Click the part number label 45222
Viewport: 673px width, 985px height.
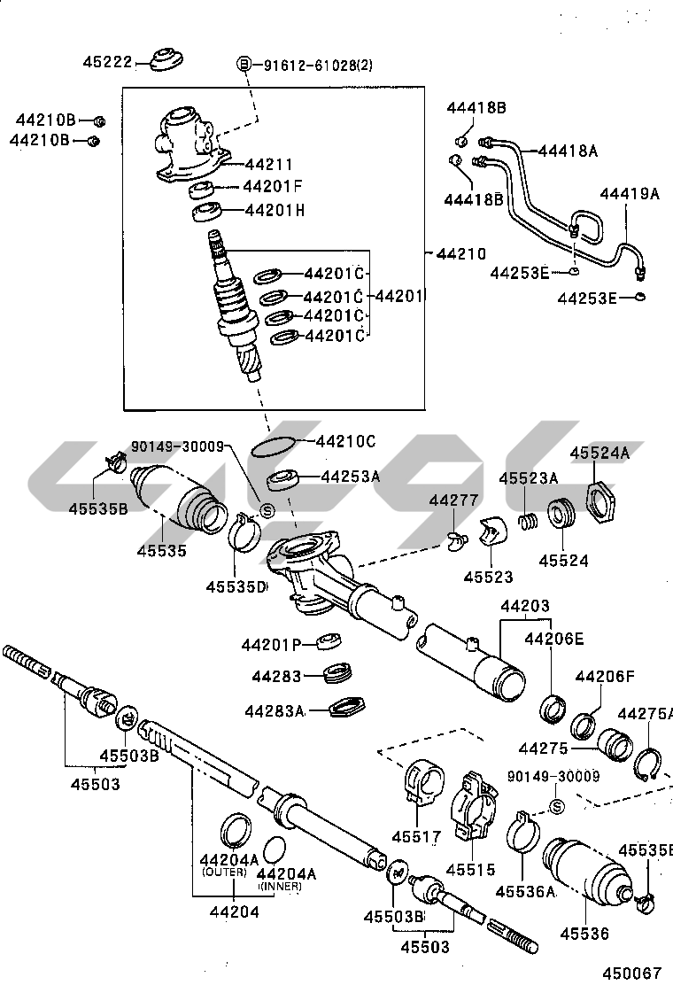(107, 62)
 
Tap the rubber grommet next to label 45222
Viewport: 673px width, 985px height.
(165, 59)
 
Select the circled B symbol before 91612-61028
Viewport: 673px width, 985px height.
(244, 65)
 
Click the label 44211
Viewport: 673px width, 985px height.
(268, 164)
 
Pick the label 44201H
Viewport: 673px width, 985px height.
(275, 210)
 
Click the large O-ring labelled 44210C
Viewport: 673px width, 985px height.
(272, 446)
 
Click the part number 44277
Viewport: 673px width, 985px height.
(453, 501)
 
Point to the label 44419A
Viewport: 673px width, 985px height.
(629, 193)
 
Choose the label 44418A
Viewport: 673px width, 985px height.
(567, 151)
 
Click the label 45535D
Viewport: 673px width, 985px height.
(236, 586)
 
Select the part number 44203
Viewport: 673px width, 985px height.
(524, 607)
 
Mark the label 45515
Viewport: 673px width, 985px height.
(469, 870)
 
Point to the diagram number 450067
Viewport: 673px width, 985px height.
(632, 972)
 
